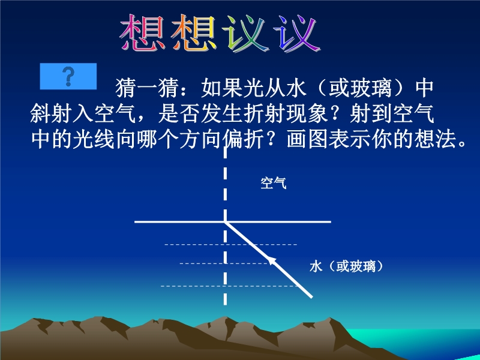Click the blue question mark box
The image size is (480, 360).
click(x=68, y=76)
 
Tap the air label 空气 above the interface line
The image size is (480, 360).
click(x=274, y=183)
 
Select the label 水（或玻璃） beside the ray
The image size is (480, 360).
click(x=346, y=266)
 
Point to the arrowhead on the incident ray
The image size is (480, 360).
click(x=272, y=260)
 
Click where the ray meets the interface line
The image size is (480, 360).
click(x=226, y=221)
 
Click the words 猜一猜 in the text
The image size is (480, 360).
click(x=147, y=88)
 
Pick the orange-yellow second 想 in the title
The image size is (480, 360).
click(x=194, y=32)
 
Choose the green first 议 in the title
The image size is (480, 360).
click(x=247, y=33)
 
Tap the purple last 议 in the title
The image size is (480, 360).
click(x=298, y=33)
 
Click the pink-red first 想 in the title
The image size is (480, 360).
click(x=142, y=32)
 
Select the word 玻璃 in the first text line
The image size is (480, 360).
click(x=371, y=88)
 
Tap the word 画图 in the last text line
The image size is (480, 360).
click(x=308, y=140)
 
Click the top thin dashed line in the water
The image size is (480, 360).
click(x=231, y=245)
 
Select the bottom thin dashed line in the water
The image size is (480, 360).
click(x=230, y=286)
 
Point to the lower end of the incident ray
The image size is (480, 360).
click(x=311, y=296)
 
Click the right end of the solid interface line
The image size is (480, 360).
click(x=331, y=221)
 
